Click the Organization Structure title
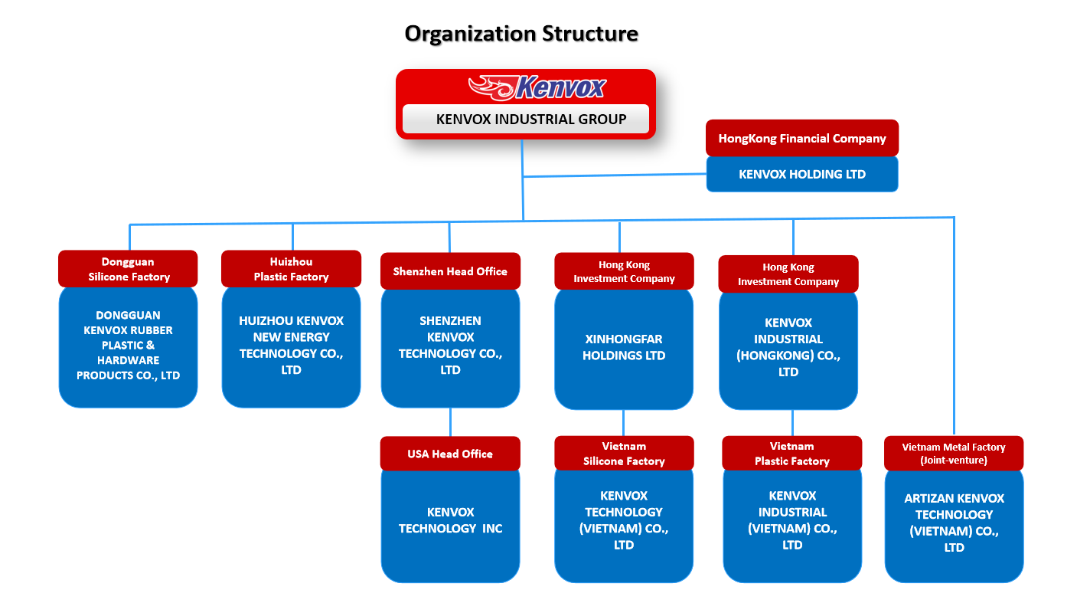pos(521,34)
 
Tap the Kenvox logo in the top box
pos(537,87)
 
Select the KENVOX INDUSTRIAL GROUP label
pos(531,120)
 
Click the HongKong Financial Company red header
pos(802,138)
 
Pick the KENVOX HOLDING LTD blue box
pos(802,174)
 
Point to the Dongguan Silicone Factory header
pos(128,269)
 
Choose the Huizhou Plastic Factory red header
pos(291,269)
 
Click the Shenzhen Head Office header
pos(450,271)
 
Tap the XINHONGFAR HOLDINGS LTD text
pos(624,347)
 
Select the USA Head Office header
pos(450,454)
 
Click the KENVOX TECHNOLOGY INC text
pos(450,520)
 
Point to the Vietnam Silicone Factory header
pos(624,453)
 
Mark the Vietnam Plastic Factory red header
pos(791,453)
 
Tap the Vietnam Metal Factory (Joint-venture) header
pos(954,453)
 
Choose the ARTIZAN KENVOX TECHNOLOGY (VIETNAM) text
pos(954,515)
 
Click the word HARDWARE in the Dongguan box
pos(128,360)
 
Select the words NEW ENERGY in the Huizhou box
pos(291,337)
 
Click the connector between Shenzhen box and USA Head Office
pos(450,422)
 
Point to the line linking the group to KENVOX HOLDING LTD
pos(614,175)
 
